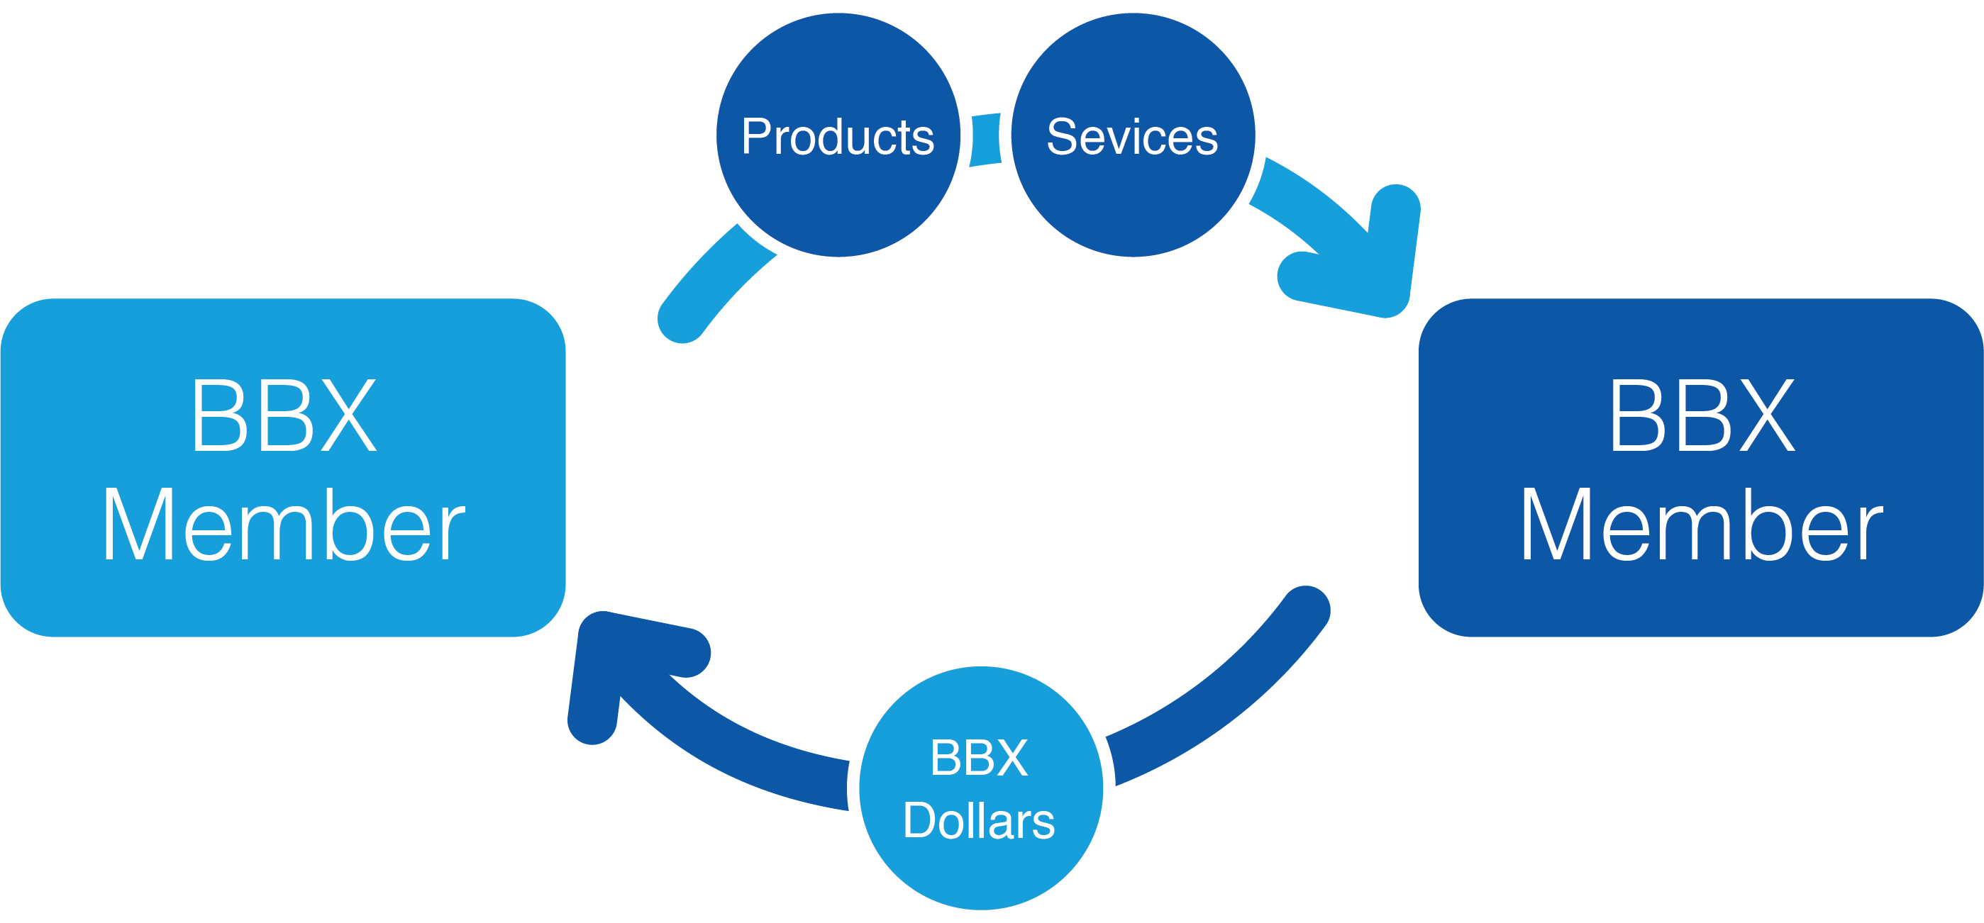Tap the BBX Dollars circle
(980, 870)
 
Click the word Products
(838, 137)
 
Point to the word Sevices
(1132, 137)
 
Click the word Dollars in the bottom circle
(979, 821)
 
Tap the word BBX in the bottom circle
(979, 758)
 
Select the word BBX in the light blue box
(284, 415)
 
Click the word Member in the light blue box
(284, 525)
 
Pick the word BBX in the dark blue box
(1702, 415)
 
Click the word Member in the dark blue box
(1702, 525)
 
